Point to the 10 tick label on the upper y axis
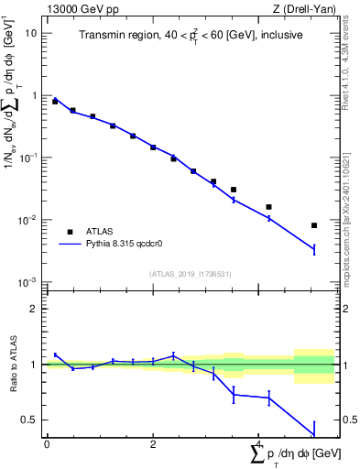tap(30, 33)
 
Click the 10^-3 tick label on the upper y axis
tap(27, 282)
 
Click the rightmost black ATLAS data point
tap(314, 225)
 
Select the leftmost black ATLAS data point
tap(55, 102)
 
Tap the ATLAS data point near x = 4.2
tap(268, 207)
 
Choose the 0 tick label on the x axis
tap(47, 444)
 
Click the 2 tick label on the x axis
tap(153, 444)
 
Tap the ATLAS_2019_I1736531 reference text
tap(190, 275)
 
